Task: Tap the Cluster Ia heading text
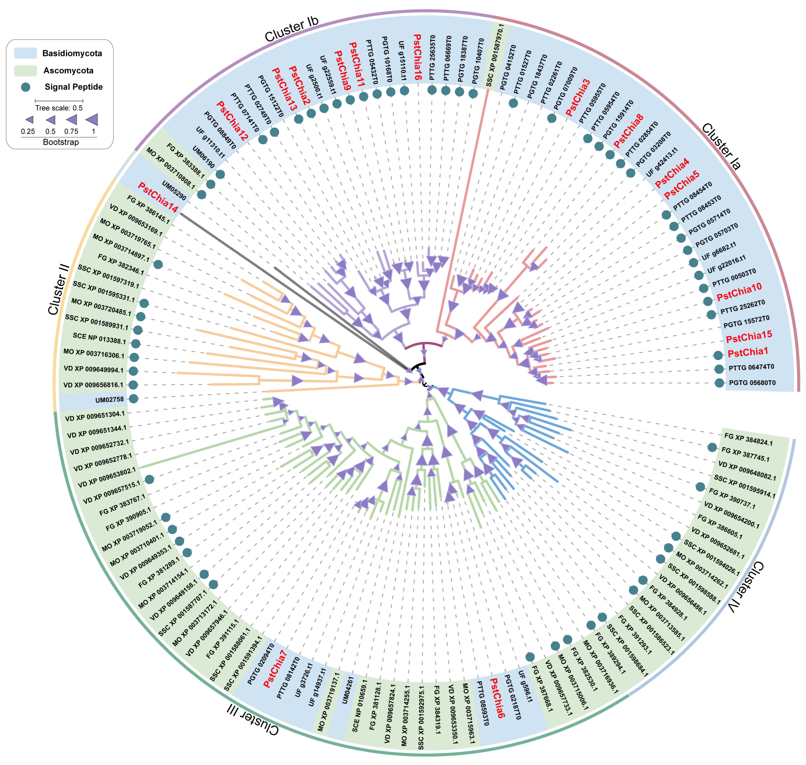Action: pyautogui.click(x=721, y=146)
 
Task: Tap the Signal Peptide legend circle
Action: pyautogui.click(x=26, y=87)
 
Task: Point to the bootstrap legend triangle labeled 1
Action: pyautogui.click(x=92, y=120)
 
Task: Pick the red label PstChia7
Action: pyautogui.click(x=275, y=669)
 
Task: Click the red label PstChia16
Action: pyautogui.click(x=417, y=57)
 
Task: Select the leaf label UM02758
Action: pyautogui.click(x=109, y=400)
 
